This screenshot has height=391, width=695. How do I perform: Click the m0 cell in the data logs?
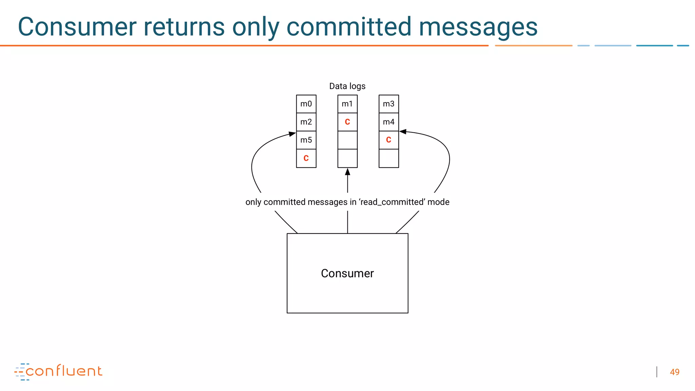tap(306, 104)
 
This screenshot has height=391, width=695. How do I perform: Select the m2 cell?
tap(306, 122)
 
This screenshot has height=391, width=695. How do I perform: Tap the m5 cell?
tap(306, 140)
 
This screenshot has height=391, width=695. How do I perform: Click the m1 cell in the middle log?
tap(347, 104)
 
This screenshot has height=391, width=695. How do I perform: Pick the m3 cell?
tap(389, 104)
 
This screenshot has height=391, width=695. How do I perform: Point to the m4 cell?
tap(389, 122)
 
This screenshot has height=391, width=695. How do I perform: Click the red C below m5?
tap(306, 158)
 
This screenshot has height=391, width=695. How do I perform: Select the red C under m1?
tap(347, 122)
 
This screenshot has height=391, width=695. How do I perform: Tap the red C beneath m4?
tap(389, 140)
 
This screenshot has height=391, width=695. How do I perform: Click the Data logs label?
tap(347, 86)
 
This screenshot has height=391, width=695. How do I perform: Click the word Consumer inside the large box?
tap(347, 273)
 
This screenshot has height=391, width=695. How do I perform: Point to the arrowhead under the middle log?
tap(347, 172)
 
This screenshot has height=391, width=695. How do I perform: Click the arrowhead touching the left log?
tap(292, 134)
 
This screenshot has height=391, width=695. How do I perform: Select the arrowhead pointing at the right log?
tap(403, 132)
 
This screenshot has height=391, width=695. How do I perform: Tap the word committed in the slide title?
tap(349, 27)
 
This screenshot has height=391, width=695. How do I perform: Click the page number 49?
tap(674, 372)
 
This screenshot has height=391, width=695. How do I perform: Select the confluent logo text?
tap(64, 371)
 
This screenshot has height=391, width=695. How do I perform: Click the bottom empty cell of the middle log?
tap(347, 158)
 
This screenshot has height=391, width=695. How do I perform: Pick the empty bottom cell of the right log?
tap(389, 158)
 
